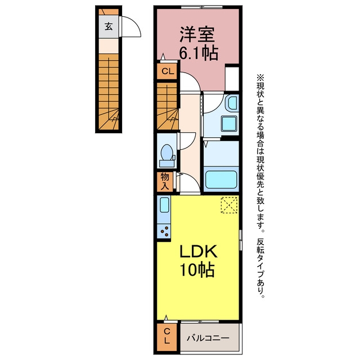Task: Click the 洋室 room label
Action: coord(197,34)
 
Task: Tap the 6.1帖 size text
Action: coord(198,53)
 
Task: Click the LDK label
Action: coord(198,251)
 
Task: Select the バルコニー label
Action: coord(208,338)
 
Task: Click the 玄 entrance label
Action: coord(109,26)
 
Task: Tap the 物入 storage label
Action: coord(165,181)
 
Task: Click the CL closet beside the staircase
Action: coord(168,71)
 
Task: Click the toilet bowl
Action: coord(167,152)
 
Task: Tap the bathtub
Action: coord(221,179)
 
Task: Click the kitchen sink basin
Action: coord(164,205)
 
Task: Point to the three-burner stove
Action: coord(164,231)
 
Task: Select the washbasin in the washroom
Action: coord(232,102)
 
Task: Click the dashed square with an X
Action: coord(229,205)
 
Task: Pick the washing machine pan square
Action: coord(229,124)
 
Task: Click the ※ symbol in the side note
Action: coord(260,78)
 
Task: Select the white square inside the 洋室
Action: coord(232,79)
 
